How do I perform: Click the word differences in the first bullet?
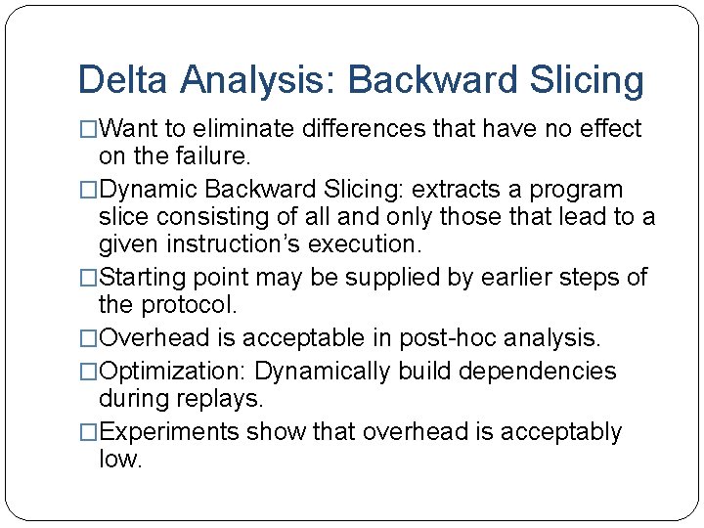(354, 128)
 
